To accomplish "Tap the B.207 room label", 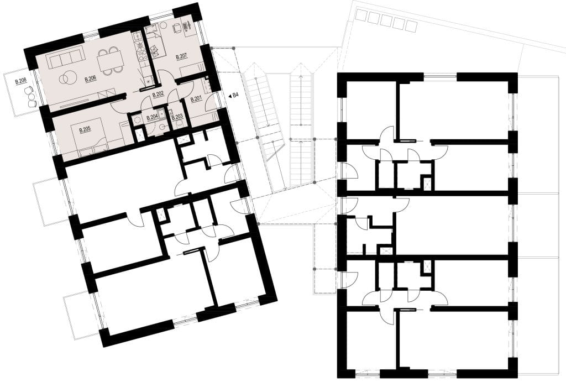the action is coord(181,56).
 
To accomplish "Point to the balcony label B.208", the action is coord(21,82).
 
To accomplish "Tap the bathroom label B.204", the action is coord(152,117).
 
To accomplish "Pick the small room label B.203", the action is coord(177,117).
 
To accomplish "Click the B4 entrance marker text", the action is coord(235,96).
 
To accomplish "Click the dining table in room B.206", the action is coord(110,61).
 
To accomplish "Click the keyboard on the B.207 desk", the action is coord(187,26).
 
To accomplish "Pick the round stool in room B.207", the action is coord(163,25).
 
